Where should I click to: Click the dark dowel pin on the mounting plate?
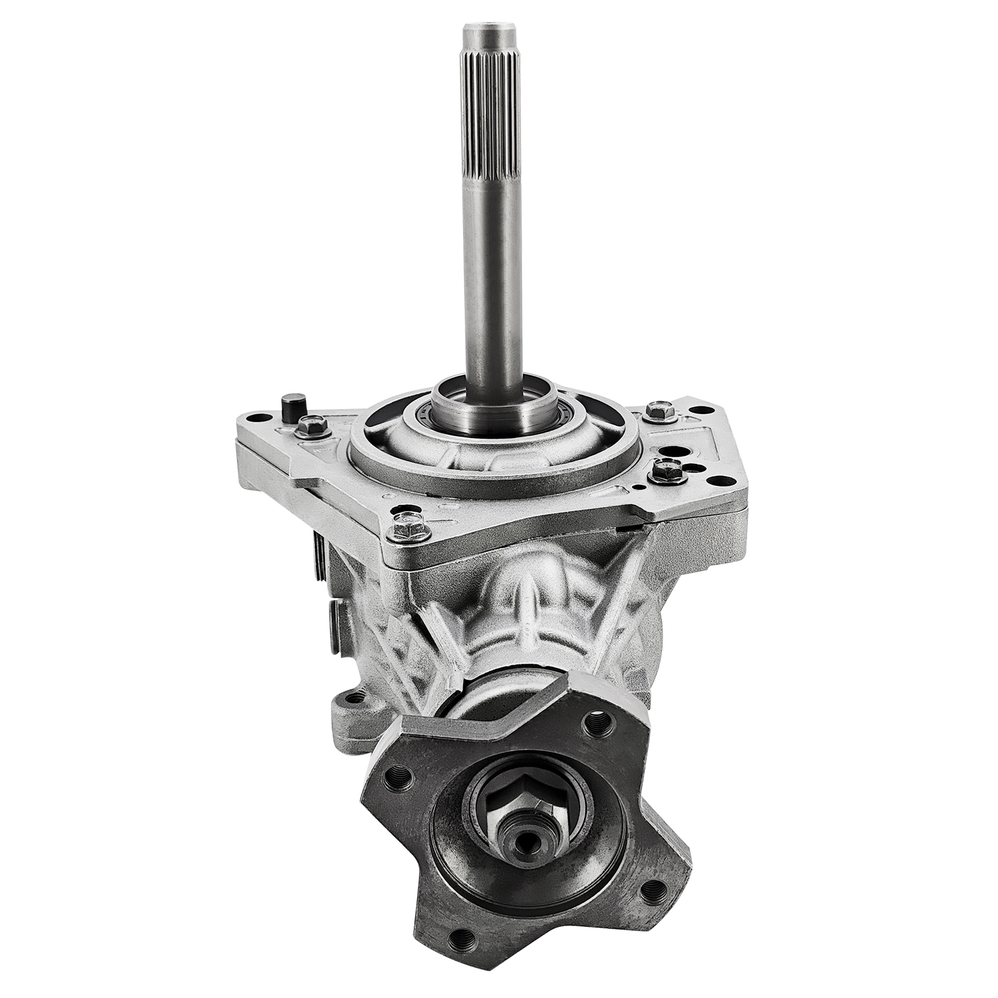click(x=290, y=407)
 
